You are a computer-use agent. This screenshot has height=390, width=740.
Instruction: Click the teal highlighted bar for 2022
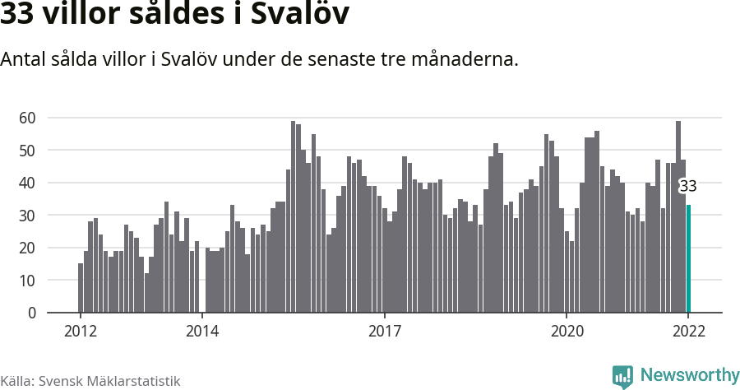[x=688, y=258]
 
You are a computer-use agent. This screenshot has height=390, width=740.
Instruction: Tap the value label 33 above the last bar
[x=687, y=187]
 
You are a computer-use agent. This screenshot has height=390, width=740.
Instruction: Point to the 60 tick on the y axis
[x=28, y=118]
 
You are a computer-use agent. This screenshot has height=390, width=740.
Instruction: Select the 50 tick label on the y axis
[x=28, y=151]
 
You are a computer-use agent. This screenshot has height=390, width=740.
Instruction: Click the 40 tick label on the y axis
[x=28, y=183]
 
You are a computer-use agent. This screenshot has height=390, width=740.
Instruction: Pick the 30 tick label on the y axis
[x=28, y=216]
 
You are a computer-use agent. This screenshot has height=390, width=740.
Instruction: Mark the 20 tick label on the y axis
[x=28, y=248]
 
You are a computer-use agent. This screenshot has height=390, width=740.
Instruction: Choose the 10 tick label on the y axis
[x=28, y=281]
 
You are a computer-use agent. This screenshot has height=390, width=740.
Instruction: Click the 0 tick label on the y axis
[x=32, y=313]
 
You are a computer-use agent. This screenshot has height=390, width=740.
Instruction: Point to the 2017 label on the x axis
[x=384, y=332]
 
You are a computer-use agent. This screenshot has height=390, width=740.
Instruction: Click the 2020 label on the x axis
[x=567, y=332]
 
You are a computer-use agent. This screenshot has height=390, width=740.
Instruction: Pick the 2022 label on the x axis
[x=688, y=332]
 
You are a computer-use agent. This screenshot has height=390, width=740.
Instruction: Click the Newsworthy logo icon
[x=622, y=376]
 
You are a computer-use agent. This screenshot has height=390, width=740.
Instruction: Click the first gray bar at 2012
[x=81, y=288]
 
